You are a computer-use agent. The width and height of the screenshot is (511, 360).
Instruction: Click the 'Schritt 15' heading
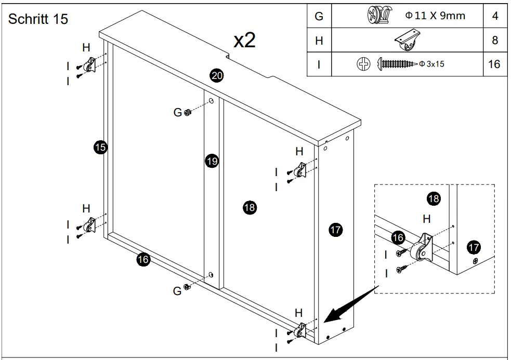click(38, 19)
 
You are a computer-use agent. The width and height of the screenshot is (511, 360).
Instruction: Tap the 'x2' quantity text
click(244, 40)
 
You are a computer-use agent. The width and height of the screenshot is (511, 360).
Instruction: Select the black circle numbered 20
click(217, 75)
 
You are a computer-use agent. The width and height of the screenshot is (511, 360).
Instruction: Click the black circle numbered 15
click(100, 147)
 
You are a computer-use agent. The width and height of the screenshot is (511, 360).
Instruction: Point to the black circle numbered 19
click(211, 161)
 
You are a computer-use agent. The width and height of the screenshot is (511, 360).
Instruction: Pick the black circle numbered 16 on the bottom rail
click(143, 260)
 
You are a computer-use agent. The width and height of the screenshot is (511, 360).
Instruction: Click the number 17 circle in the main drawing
click(336, 229)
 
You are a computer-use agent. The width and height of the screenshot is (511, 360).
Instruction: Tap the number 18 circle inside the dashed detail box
click(434, 198)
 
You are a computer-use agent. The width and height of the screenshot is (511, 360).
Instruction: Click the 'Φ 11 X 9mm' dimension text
click(435, 16)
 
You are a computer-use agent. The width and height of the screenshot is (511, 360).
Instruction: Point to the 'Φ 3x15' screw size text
click(431, 64)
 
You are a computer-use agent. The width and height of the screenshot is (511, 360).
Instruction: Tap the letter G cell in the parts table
click(319, 16)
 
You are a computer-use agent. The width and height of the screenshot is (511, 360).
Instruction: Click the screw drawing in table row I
click(398, 64)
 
